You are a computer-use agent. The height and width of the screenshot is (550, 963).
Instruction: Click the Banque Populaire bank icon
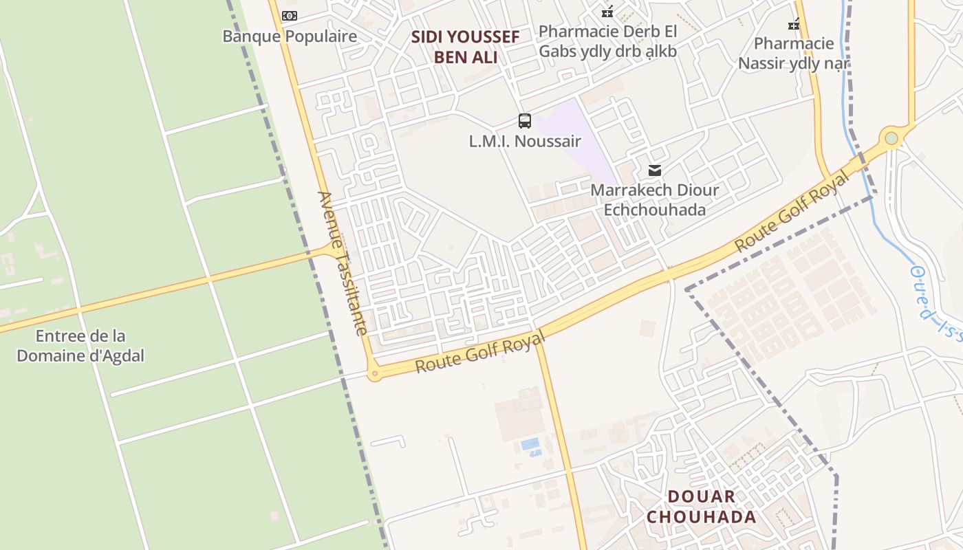tap(290, 15)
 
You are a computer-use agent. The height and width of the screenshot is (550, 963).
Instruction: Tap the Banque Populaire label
tap(290, 36)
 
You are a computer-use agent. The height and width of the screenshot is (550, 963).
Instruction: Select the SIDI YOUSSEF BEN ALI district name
tap(465, 47)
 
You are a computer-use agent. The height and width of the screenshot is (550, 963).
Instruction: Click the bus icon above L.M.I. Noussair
tap(525, 122)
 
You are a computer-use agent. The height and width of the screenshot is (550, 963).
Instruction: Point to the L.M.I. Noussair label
tap(525, 142)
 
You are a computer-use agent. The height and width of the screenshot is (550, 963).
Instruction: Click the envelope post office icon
tap(655, 170)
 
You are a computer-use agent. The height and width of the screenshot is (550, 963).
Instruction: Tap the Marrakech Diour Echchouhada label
tap(654, 199)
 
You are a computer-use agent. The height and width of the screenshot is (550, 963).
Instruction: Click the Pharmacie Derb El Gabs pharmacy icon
tap(607, 11)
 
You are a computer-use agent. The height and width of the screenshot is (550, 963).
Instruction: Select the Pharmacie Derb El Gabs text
tap(607, 41)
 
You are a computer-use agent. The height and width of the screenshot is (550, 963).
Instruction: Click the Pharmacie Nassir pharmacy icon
tap(794, 24)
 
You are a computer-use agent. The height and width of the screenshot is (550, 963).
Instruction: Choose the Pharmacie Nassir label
tap(794, 54)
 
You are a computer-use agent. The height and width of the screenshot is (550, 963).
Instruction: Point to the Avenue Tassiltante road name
tap(343, 263)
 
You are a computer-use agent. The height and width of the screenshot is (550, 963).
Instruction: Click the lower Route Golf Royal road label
tap(480, 351)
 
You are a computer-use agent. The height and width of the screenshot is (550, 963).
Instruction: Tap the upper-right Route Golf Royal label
tap(792, 211)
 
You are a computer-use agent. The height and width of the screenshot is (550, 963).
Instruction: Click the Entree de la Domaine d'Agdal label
tap(80, 346)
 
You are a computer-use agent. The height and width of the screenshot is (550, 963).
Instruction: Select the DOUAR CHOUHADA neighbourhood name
tap(701, 507)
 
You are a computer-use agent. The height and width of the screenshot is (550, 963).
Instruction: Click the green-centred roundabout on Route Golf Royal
tap(891, 138)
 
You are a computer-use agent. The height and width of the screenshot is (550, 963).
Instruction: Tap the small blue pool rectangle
tap(530, 444)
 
